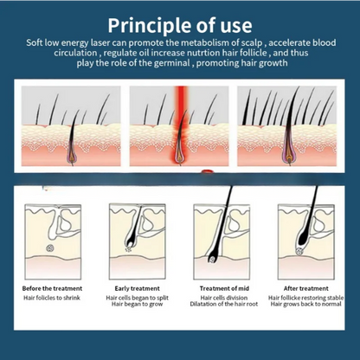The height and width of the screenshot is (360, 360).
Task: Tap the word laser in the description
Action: [100, 43]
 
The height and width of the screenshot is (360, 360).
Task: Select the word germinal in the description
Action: [171, 63]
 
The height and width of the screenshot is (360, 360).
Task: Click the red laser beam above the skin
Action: [181, 100]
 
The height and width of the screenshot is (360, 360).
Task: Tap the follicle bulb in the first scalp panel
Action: [72, 156]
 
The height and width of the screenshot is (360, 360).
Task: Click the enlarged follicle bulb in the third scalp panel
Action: [288, 154]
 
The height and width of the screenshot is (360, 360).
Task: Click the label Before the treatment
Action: [52, 288]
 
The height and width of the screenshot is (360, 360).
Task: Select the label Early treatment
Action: [137, 288]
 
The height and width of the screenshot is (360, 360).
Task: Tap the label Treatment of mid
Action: [224, 288]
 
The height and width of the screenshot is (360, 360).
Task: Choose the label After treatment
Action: [305, 288]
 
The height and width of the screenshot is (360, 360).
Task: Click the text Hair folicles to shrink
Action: [52, 298]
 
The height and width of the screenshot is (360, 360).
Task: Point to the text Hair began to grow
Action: [137, 304]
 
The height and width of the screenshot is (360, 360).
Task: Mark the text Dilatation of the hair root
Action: [224, 304]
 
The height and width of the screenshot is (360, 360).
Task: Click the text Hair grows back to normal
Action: [305, 304]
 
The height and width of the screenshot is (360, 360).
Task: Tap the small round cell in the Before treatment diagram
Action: [50, 247]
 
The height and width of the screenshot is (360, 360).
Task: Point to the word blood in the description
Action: [325, 43]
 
